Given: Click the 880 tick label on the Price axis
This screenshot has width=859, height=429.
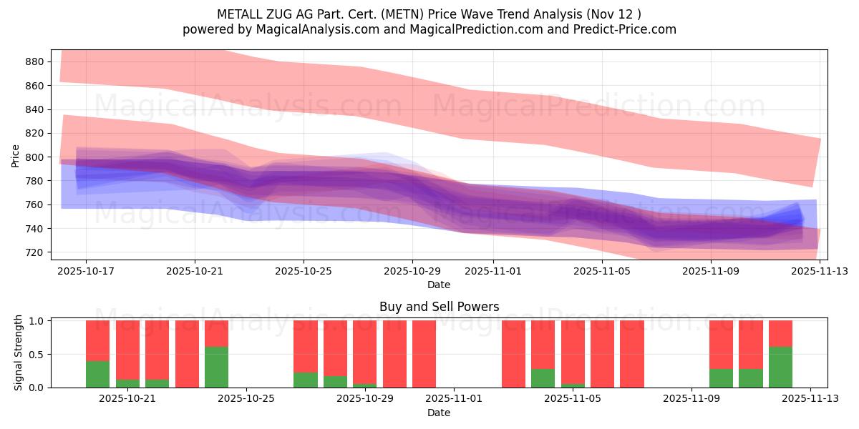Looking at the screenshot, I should point(34,61).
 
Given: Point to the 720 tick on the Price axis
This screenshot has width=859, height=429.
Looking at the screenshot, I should point(34,252).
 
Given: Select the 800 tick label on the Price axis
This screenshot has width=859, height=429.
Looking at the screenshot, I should point(34,157).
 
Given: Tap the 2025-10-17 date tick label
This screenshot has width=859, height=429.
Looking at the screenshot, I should point(86,271).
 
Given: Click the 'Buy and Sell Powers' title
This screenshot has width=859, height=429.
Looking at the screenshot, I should point(439,307).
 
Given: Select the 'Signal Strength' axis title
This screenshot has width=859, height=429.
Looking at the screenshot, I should point(19,352).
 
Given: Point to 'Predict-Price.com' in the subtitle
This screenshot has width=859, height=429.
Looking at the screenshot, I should point(619,29).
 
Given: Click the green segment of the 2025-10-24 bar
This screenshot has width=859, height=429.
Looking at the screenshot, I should point(216,367).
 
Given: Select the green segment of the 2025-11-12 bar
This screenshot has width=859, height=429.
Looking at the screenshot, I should point(780,367).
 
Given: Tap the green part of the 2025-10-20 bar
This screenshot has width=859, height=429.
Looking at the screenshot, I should point(97,374).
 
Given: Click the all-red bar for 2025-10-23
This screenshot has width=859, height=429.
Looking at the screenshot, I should point(187,354).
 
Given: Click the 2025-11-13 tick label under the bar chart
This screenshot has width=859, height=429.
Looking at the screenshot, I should point(810,398).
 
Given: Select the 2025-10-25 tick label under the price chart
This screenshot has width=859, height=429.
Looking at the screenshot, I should point(304,271).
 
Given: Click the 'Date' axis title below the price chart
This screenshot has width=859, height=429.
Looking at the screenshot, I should point(439,285).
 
